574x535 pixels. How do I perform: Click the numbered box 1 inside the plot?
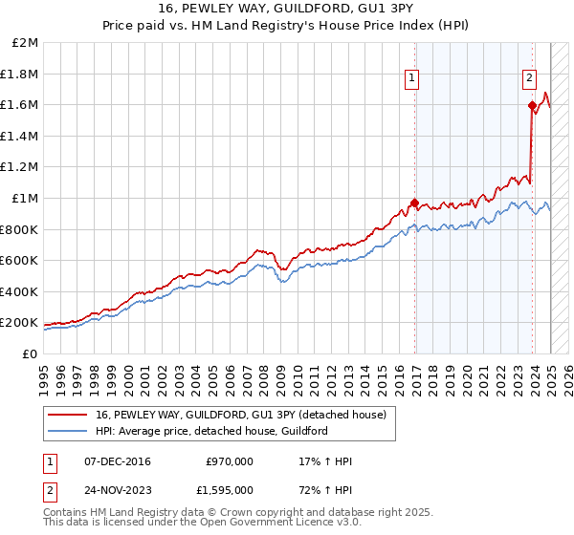coord(412,79)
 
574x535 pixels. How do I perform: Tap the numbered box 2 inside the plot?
coord(529,79)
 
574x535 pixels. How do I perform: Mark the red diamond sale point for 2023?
coord(531,106)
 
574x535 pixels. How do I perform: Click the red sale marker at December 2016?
coord(414,203)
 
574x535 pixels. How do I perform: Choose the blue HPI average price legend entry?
coord(210,431)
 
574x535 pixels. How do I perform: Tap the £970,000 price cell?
coord(230,461)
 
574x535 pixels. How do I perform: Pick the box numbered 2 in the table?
coord(50,490)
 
